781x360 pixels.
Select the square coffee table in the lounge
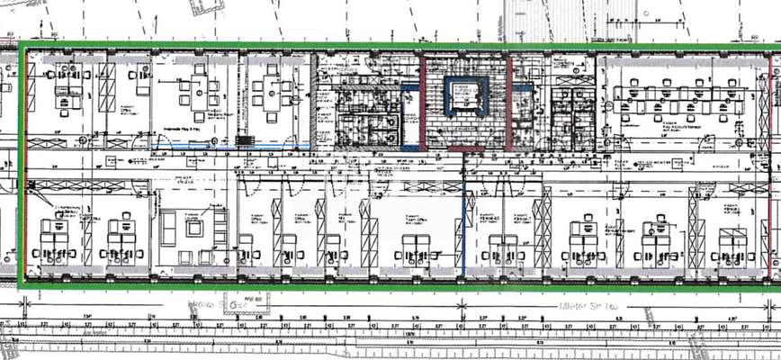[194, 227]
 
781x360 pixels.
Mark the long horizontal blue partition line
[275, 148]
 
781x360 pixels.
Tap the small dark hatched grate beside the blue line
[245, 142]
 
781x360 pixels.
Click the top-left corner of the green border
[21, 43]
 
